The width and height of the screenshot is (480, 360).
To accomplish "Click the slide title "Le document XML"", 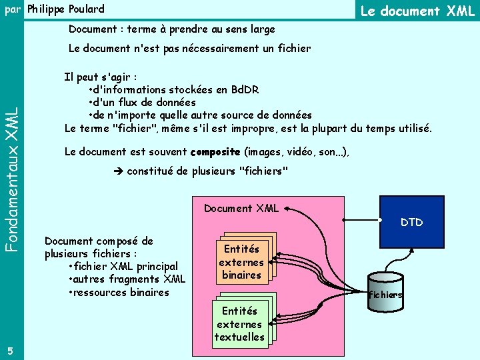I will click(417, 11).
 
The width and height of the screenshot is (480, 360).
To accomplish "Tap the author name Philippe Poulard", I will click(65, 9).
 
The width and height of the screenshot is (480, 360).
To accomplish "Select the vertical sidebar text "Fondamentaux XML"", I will click(11, 180).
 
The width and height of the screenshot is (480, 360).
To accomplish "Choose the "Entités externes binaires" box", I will click(241, 261).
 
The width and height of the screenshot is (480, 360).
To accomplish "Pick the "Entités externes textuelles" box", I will click(239, 324).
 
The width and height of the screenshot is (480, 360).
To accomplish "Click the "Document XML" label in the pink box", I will click(241, 208).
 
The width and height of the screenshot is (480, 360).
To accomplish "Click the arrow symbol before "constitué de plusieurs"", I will click(119, 172).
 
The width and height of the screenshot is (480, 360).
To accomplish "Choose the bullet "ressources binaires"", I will click(121, 292).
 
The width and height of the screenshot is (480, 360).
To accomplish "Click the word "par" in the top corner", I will click(12, 9).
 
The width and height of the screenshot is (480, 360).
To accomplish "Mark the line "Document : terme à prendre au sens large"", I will click(171, 30).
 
